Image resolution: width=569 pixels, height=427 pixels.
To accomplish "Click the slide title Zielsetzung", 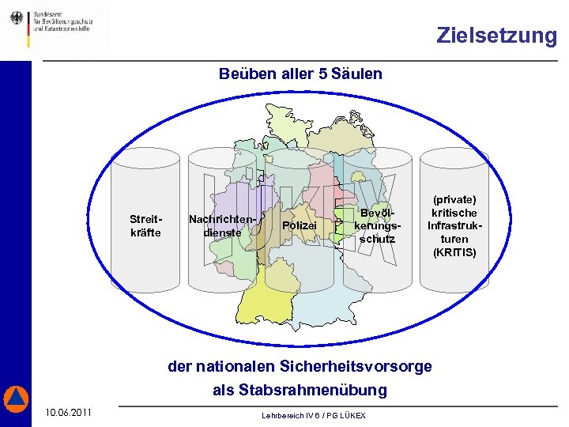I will tap(496, 36).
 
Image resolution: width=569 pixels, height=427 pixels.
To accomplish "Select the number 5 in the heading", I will tap(322, 74).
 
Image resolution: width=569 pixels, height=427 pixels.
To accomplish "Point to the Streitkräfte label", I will tap(145, 225).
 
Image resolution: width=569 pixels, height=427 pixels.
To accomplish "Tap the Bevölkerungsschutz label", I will tap(377, 226).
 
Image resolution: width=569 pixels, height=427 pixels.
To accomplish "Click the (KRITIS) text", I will tap(455, 252).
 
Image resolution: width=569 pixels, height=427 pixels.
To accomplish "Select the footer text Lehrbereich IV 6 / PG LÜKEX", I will tap(314, 416).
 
